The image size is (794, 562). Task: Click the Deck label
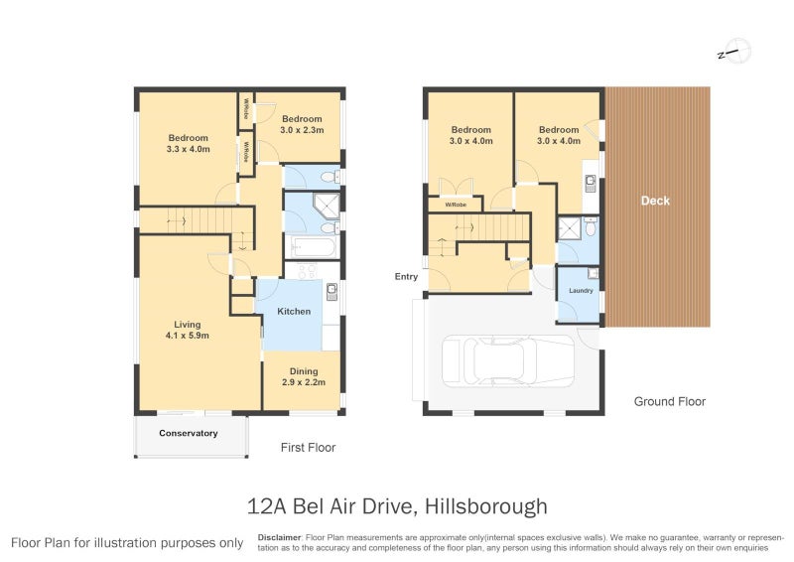click(655, 201)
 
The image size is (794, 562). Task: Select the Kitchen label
click(294, 312)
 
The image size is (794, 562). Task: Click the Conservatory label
click(188, 433)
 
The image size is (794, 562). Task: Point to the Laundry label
click(580, 291)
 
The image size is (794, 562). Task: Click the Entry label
click(406, 277)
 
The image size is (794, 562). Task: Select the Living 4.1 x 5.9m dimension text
click(188, 336)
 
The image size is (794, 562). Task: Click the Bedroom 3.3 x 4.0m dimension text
click(188, 150)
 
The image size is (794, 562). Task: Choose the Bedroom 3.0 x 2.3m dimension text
click(301, 130)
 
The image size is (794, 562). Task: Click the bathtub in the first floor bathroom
click(311, 245)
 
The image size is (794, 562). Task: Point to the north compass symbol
click(733, 52)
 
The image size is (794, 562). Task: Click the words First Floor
click(308, 448)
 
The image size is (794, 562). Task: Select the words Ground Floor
click(670, 402)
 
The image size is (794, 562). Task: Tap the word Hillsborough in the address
click(485, 506)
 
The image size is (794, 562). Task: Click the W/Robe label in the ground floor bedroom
click(456, 206)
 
